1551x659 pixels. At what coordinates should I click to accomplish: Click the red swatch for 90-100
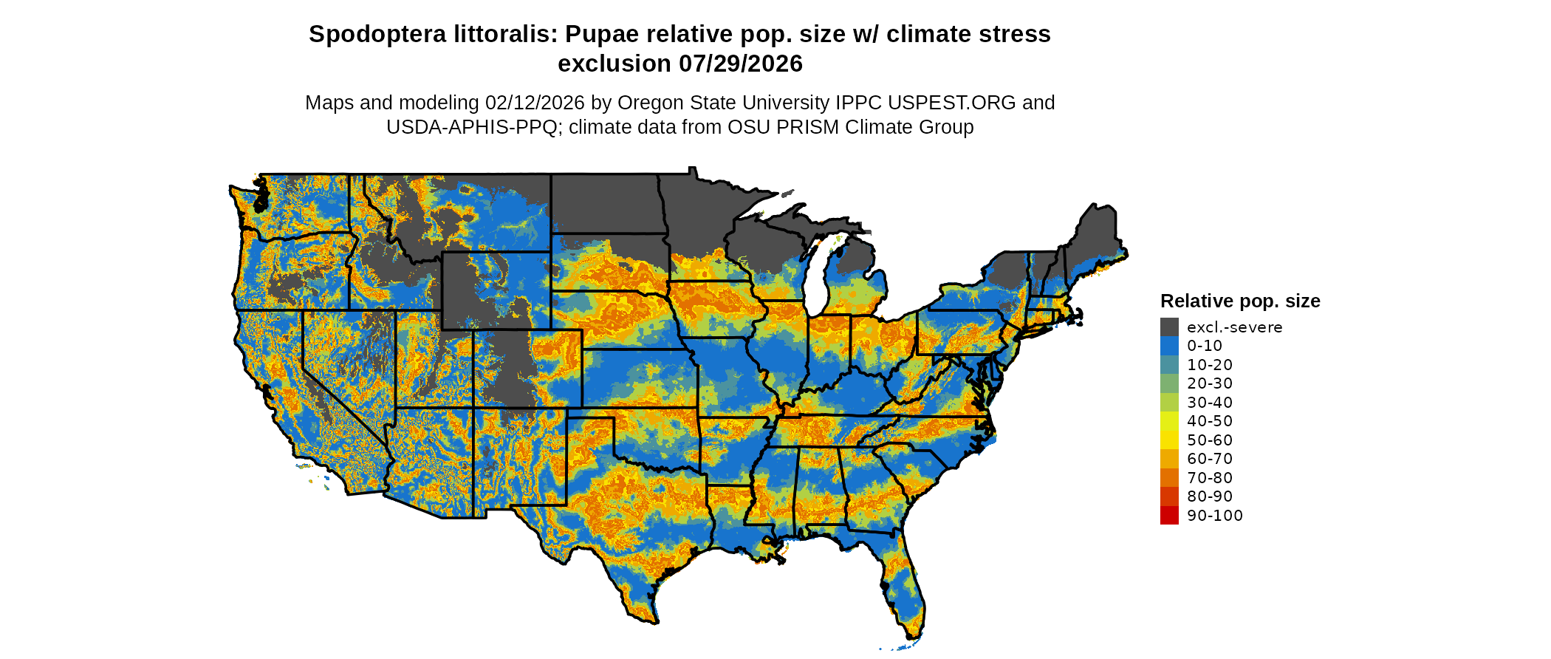(x=1169, y=516)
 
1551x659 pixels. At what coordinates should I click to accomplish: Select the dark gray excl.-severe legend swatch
(x=1169, y=327)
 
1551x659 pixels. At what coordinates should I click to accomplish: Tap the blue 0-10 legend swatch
(x=1169, y=346)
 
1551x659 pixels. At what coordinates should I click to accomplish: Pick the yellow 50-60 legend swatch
(x=1169, y=440)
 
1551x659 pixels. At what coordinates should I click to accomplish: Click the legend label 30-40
(x=1210, y=403)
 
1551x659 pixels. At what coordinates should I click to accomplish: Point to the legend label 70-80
(x=1210, y=478)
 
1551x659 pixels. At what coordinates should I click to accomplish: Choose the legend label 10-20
(x=1210, y=365)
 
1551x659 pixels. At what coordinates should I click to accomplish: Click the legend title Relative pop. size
(x=1240, y=301)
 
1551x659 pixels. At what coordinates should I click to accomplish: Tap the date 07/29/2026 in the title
(x=741, y=64)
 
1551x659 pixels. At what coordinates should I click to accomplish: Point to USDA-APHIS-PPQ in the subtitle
(x=471, y=128)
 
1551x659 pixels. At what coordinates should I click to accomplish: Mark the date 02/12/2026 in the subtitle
(x=534, y=103)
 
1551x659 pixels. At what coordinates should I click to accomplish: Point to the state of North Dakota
(x=605, y=203)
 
